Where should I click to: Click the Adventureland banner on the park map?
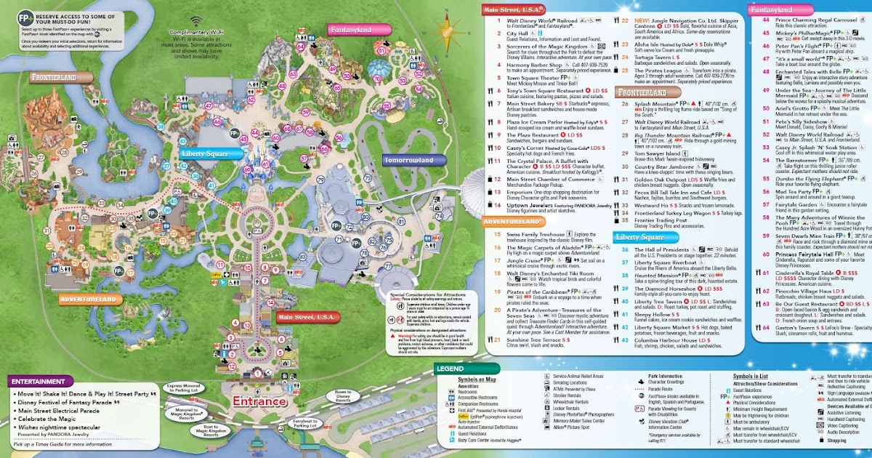coord(88,299)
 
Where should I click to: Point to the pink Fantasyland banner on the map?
coord(350,30)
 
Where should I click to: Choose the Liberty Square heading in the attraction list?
coord(640,237)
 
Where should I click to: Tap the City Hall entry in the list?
coord(517,33)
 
